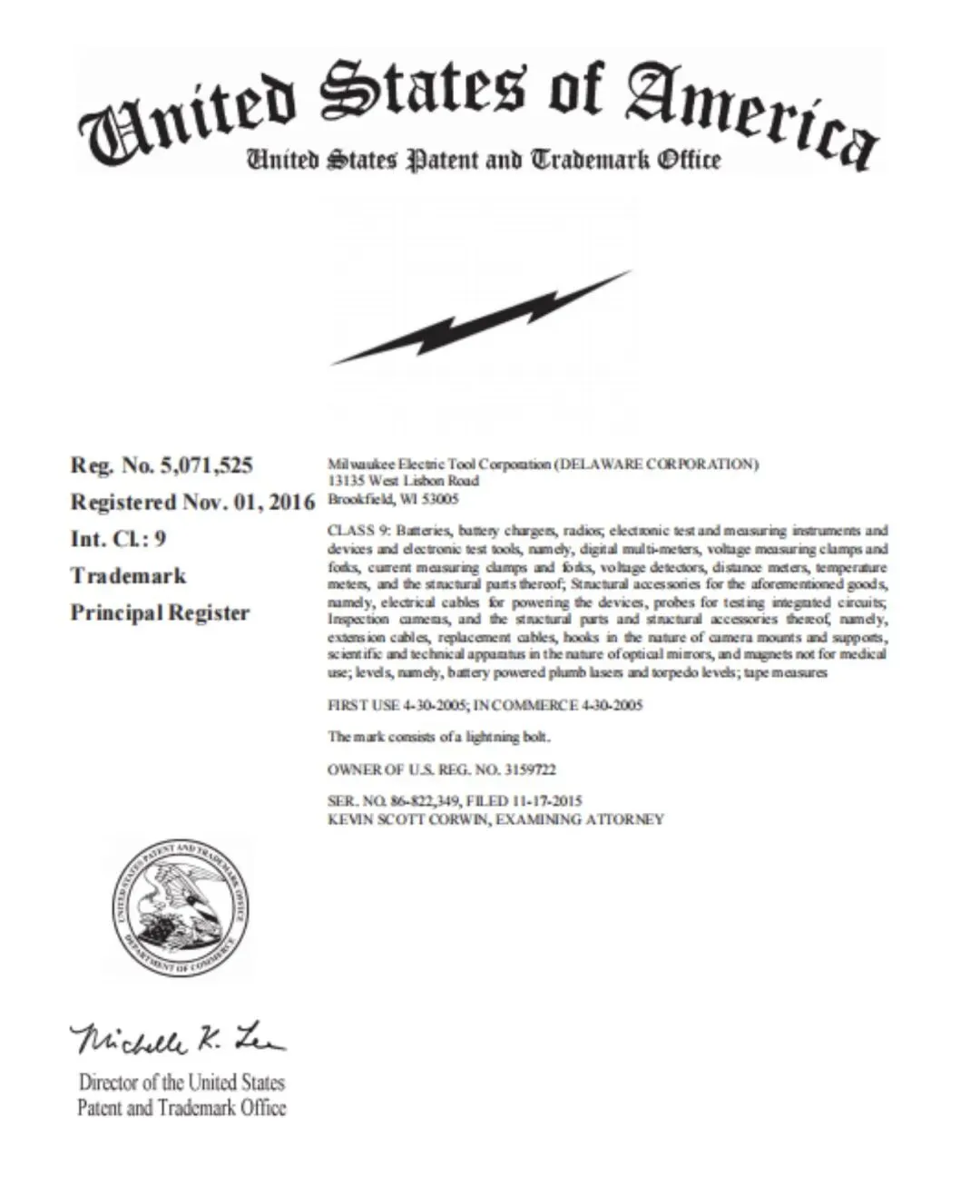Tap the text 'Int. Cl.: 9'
point(118,539)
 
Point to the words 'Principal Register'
point(160,613)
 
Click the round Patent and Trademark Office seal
point(181,908)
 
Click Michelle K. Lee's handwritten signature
point(177,1038)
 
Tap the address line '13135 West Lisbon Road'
point(403,481)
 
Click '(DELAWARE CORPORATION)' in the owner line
point(656,465)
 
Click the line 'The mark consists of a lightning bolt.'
point(439,737)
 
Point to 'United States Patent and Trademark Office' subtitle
point(485,161)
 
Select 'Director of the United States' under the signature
point(181,1082)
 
